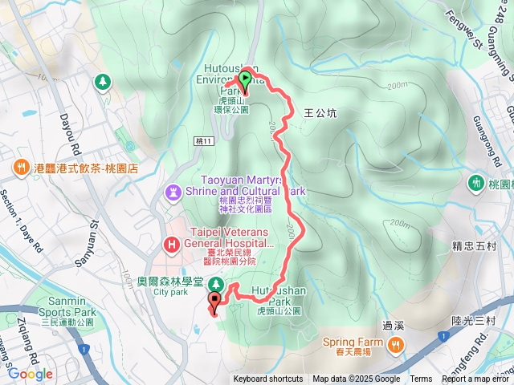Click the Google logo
pyautogui.click(x=30, y=374)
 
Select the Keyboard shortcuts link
pyautogui.click(x=268, y=379)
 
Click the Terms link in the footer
pyautogui.click(x=421, y=379)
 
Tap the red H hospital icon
pyautogui.click(x=170, y=244)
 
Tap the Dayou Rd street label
pyautogui.click(x=70, y=132)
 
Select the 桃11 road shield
pyautogui.click(x=204, y=140)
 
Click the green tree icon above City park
pyautogui.click(x=215, y=284)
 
